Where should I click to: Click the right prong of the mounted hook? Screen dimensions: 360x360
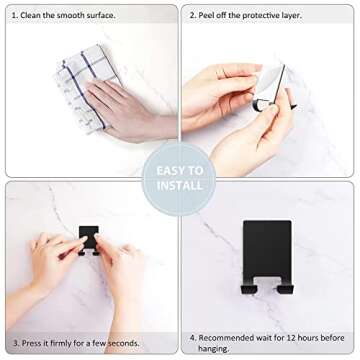point(285,288)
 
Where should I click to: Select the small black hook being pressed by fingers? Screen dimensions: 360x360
point(89,239)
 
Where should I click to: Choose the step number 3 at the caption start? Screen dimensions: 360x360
point(16,343)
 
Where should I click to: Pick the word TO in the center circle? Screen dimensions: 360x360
point(197,170)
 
